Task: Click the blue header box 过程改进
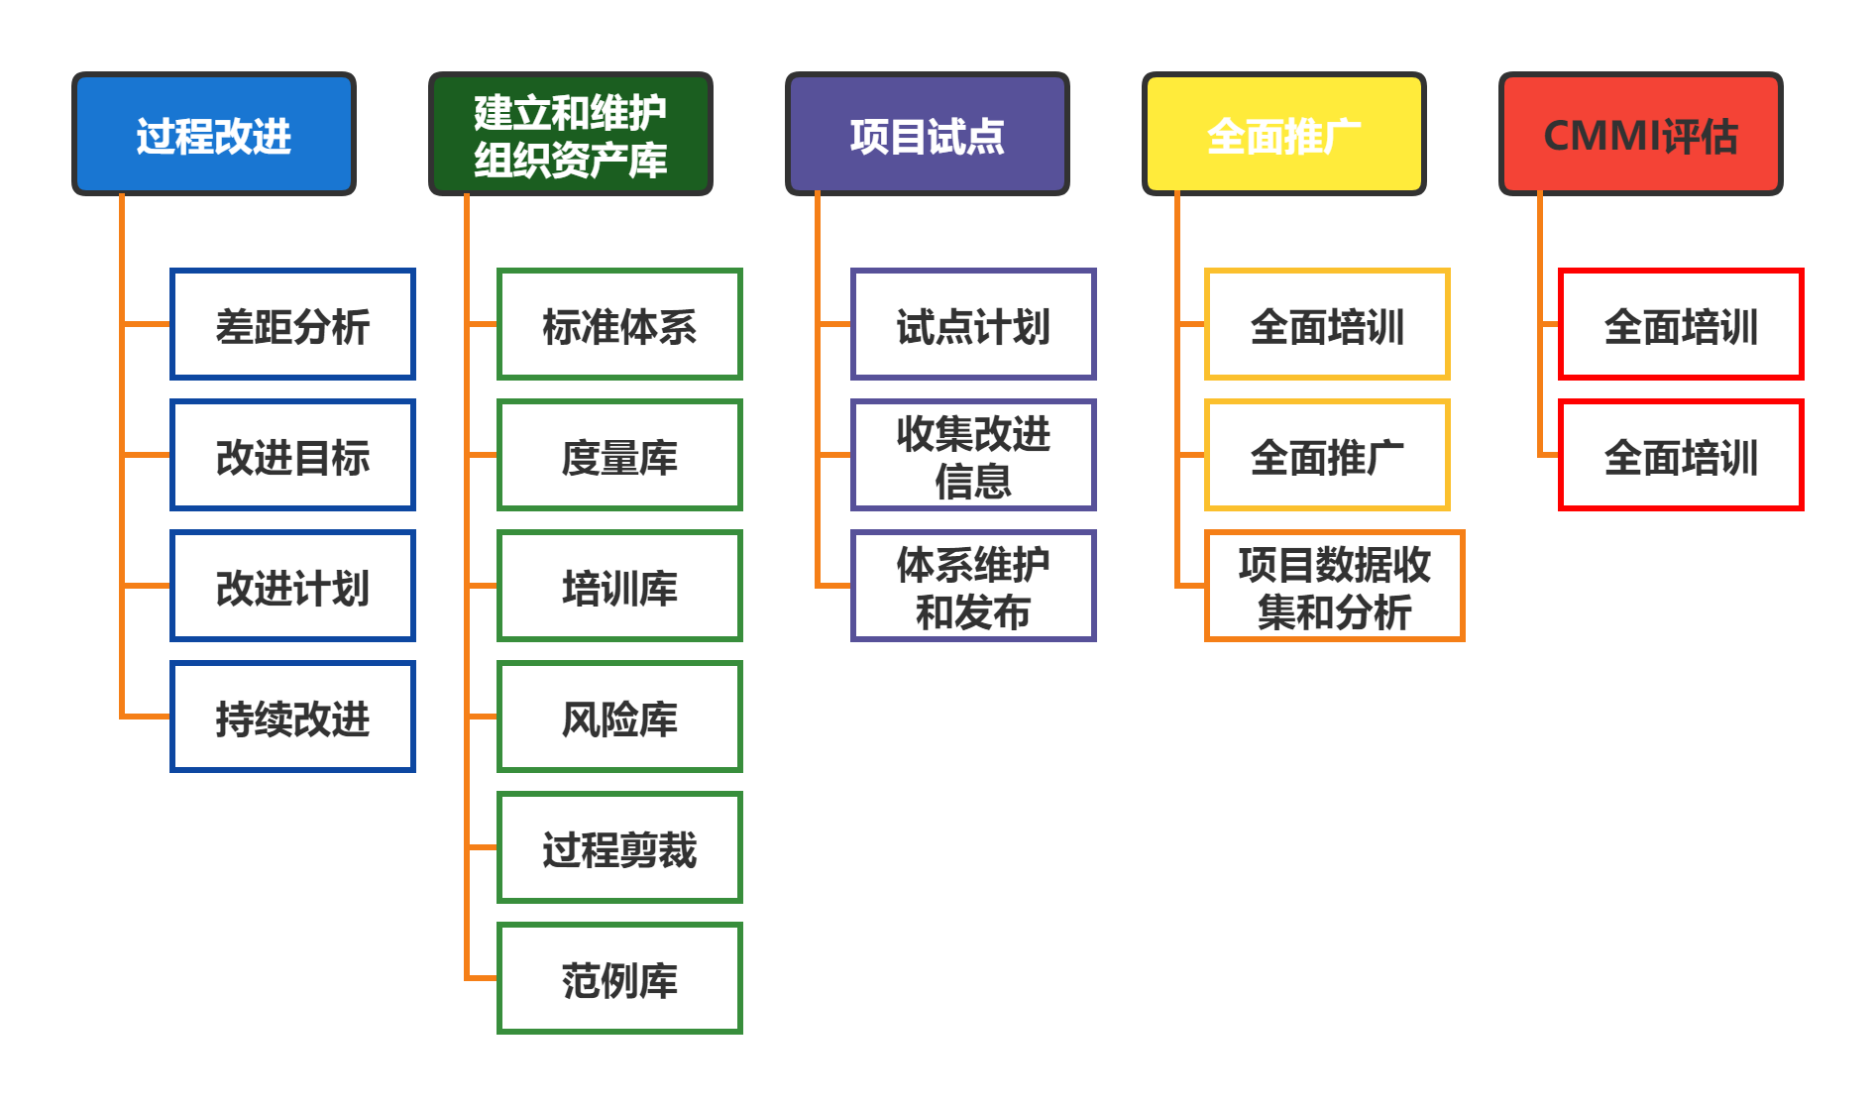pyautogui.click(x=213, y=134)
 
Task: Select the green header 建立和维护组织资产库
pyautogui.click(x=570, y=134)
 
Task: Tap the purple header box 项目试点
pyautogui.click(x=927, y=134)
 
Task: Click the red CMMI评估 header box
pyautogui.click(x=1640, y=134)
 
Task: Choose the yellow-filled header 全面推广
pyautogui.click(x=1283, y=134)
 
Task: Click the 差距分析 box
pyautogui.click(x=292, y=324)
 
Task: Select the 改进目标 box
pyautogui.click(x=292, y=455)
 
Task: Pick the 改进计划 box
pyautogui.click(x=292, y=586)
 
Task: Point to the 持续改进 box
pyautogui.click(x=292, y=717)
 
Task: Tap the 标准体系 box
pyautogui.click(x=619, y=324)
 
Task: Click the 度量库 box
pyautogui.click(x=619, y=455)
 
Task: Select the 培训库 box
pyautogui.click(x=619, y=586)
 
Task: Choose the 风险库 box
pyautogui.click(x=619, y=717)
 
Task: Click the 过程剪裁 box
pyautogui.click(x=619, y=847)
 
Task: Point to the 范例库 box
pyautogui.click(x=619, y=978)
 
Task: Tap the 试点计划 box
pyautogui.click(x=973, y=324)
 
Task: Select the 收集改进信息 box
pyautogui.click(x=973, y=455)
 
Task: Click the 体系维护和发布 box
pyautogui.click(x=973, y=586)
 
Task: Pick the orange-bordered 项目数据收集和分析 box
pyautogui.click(x=1334, y=586)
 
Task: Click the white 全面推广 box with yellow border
pyautogui.click(x=1327, y=455)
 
